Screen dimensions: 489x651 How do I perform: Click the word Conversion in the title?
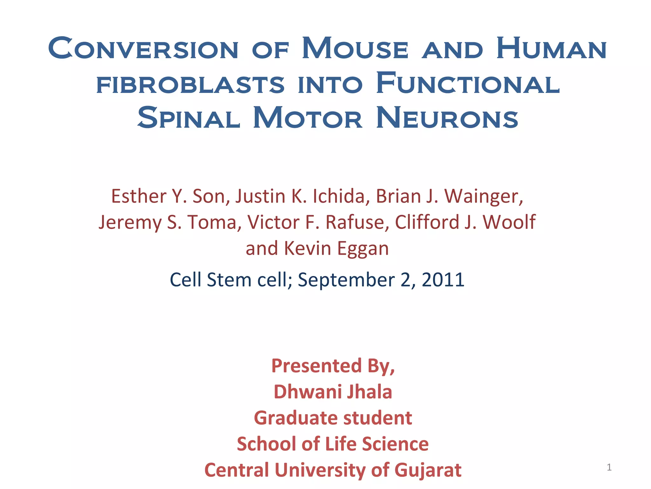click(x=143, y=48)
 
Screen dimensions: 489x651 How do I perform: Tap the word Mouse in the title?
click(x=355, y=48)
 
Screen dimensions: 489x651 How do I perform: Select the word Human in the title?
click(x=552, y=48)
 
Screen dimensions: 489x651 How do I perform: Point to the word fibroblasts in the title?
click(x=190, y=84)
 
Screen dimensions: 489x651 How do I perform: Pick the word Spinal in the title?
click(x=189, y=118)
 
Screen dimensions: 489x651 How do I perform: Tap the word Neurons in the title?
click(x=447, y=118)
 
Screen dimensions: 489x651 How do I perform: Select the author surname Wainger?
click(x=483, y=197)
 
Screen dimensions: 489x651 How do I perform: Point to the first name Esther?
click(x=139, y=196)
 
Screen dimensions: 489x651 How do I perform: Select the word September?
click(x=346, y=280)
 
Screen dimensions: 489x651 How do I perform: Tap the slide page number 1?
click(x=609, y=467)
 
